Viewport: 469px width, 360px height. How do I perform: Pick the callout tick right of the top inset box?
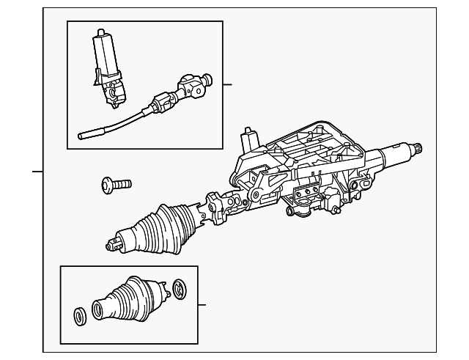click(x=227, y=84)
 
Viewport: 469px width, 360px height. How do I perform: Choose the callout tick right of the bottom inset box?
click(x=202, y=305)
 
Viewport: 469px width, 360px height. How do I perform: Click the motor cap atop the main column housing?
click(x=249, y=138)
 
